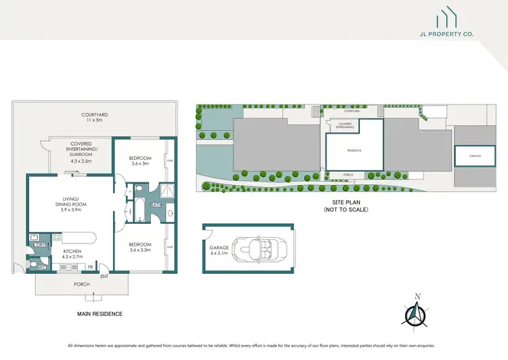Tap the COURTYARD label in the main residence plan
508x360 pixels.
[x=91, y=117]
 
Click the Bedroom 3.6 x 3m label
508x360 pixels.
[x=140, y=160]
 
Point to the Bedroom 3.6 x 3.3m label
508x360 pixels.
[x=140, y=247]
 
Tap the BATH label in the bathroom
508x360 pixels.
[x=156, y=205]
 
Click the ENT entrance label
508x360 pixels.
[x=104, y=276]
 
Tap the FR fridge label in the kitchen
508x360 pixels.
[x=90, y=266]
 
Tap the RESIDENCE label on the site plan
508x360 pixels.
[x=354, y=151]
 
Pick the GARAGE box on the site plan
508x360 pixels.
[x=474, y=156]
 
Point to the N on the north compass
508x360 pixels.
[x=417, y=296]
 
